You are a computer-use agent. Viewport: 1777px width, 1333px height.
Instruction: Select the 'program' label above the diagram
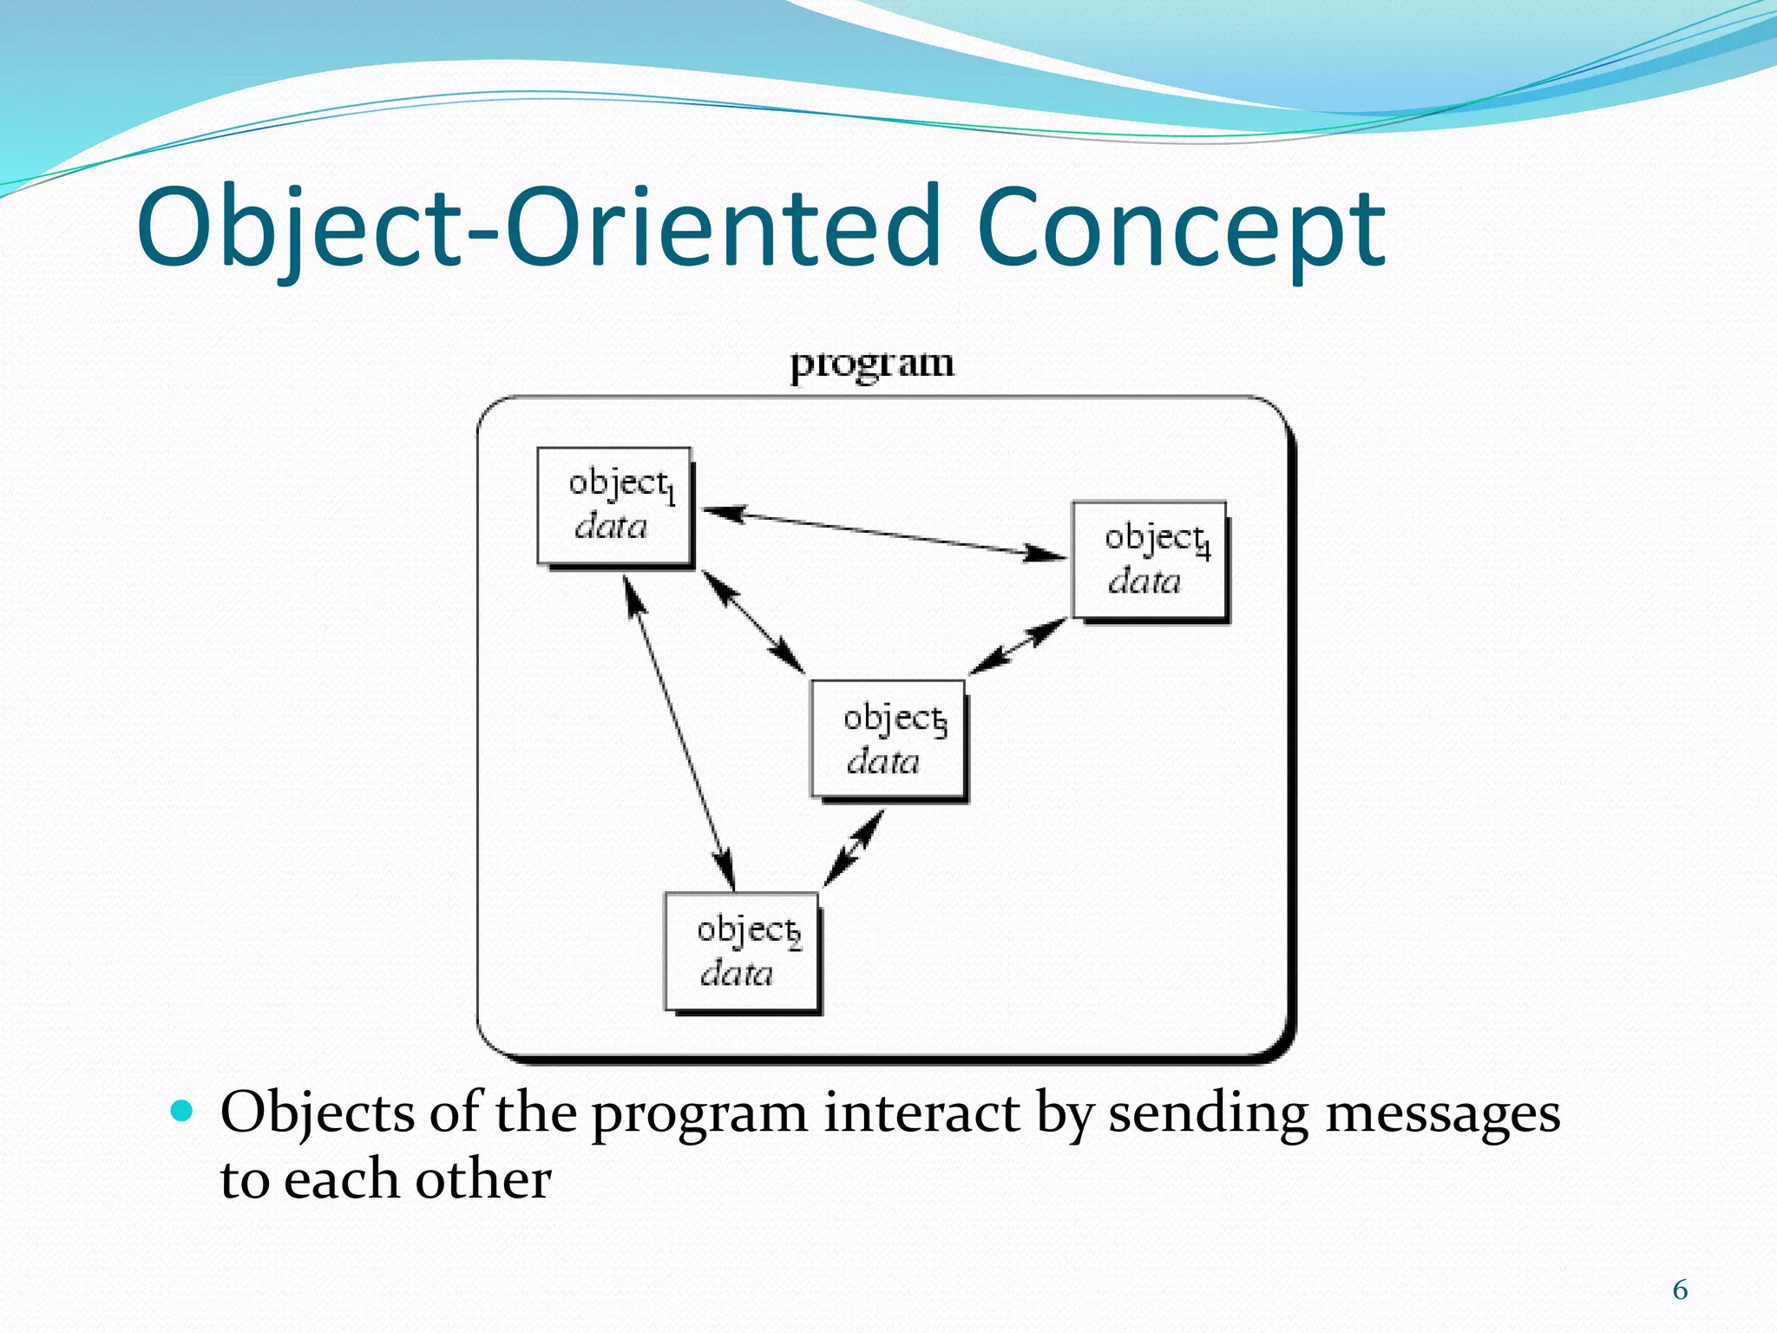(871, 363)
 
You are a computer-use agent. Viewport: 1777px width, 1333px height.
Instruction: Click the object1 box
(614, 505)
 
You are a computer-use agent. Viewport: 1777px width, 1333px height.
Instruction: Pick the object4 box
(1150, 560)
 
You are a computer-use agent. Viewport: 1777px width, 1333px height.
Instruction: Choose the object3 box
(888, 739)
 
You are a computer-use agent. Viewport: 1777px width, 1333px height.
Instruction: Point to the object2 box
(742, 951)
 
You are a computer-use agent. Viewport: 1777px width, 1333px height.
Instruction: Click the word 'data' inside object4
(1144, 581)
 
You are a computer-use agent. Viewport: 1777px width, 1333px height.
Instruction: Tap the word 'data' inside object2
(737, 974)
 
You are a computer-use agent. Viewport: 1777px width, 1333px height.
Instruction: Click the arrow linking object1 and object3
(753, 621)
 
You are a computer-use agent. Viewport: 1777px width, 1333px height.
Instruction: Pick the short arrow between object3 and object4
(1018, 647)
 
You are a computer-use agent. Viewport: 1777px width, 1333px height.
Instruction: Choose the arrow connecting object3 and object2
(854, 848)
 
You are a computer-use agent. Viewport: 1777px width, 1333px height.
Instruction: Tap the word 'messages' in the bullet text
(1443, 1113)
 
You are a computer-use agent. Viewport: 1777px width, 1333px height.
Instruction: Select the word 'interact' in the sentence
(921, 1113)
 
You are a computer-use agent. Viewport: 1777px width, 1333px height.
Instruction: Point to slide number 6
(1680, 1290)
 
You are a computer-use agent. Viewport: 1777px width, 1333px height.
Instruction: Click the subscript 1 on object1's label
(671, 496)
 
